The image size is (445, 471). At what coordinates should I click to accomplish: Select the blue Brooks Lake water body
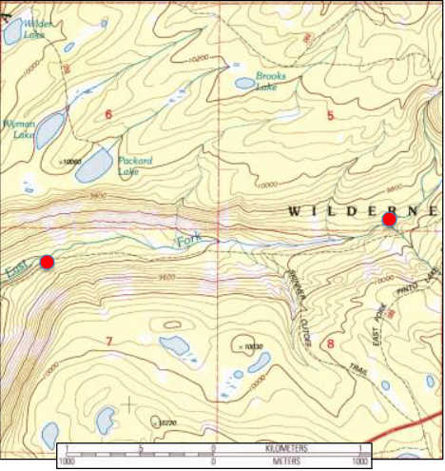click(x=245, y=84)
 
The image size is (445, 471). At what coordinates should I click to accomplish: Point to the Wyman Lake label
click(x=19, y=128)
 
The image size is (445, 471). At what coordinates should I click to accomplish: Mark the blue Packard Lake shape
click(x=93, y=167)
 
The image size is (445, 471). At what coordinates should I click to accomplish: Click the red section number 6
click(x=108, y=115)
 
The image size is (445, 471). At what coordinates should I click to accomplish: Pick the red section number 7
click(x=109, y=341)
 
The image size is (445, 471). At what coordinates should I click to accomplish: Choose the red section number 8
click(x=330, y=343)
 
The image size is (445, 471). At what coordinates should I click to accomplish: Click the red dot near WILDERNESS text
click(x=389, y=220)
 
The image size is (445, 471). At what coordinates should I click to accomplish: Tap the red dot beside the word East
click(x=47, y=262)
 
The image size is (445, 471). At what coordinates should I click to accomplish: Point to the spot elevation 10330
click(x=251, y=348)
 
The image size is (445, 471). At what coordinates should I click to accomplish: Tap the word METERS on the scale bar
click(x=285, y=461)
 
